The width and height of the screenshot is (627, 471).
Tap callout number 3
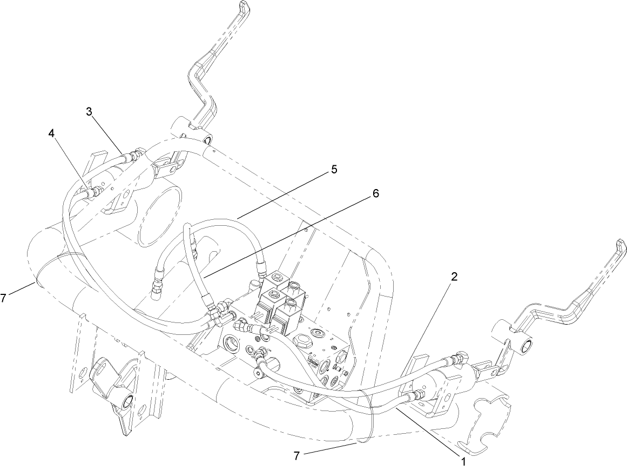90,112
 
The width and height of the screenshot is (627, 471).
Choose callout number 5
334,170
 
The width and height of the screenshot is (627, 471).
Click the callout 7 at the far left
4,297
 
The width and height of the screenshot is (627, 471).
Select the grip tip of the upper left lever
245,8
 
